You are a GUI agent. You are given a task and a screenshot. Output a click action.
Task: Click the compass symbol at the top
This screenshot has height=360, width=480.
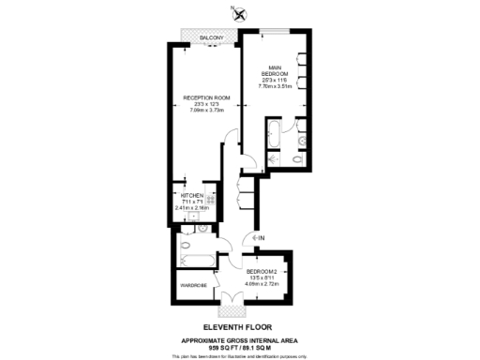pos(240,13)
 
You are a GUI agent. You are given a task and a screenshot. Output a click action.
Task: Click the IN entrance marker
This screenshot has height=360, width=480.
pos(260,237)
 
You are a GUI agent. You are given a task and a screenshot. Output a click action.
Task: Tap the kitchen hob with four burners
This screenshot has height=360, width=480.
pos(212,201)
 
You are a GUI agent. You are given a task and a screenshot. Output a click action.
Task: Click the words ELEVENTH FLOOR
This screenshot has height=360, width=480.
pos(240,325)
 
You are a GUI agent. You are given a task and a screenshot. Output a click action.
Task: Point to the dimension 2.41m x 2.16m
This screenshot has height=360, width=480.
pos(193,207)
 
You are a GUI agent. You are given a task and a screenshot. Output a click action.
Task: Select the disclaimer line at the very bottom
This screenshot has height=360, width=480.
pos(240,356)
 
